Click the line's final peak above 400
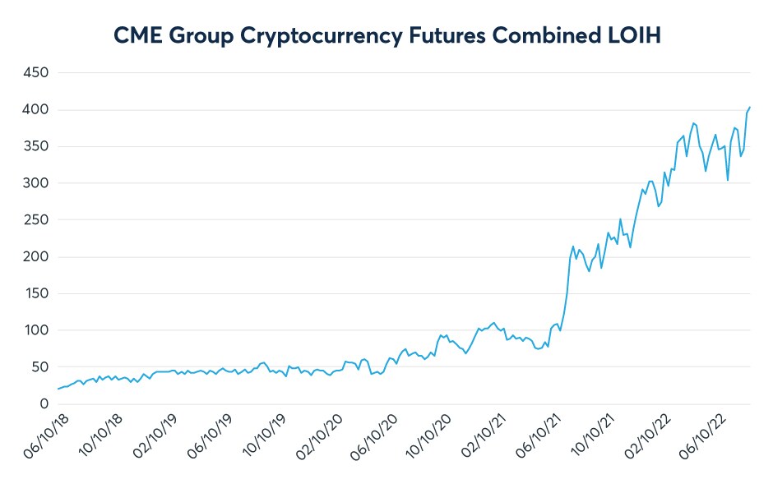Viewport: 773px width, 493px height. coord(750,107)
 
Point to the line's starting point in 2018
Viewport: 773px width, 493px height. coord(58,389)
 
